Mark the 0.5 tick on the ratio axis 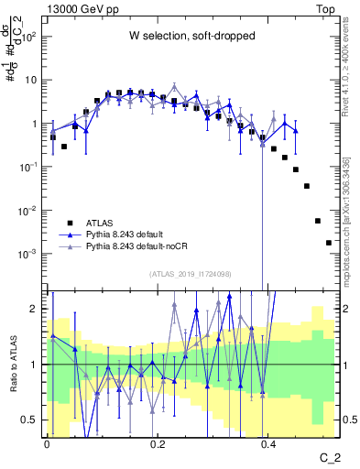click(x=32, y=420)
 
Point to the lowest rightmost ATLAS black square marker click(x=329, y=243)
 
